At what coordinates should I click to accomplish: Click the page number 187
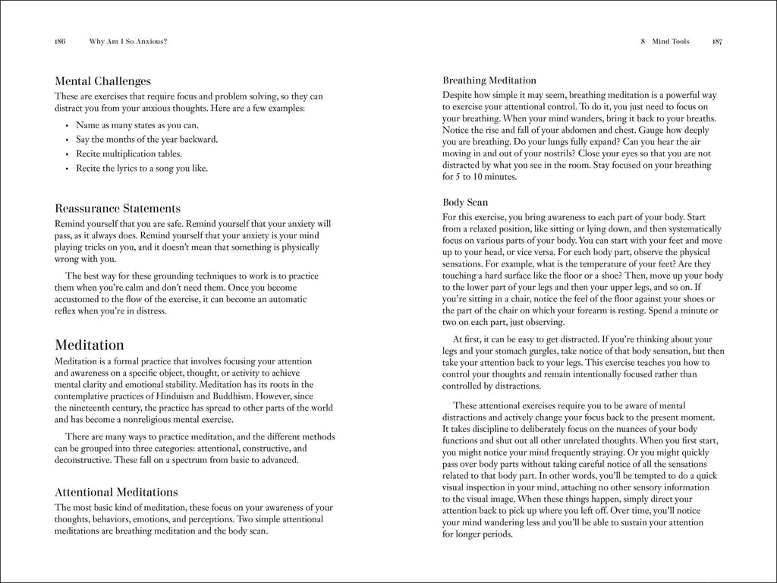point(717,42)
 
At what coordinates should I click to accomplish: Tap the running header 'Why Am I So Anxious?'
point(128,42)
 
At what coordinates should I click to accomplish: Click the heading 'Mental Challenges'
point(102,81)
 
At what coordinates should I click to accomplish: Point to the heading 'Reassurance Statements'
point(118,208)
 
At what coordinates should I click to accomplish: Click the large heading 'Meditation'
point(90,345)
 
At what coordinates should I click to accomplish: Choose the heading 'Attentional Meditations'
point(116,492)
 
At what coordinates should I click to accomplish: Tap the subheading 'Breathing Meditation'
point(489,80)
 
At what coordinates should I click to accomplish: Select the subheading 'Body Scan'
point(464,203)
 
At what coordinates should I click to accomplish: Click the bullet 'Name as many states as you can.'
point(137,124)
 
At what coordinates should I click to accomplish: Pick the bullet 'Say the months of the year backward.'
point(146,139)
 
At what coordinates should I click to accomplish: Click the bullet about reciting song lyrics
point(141,168)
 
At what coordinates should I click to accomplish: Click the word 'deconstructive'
point(82,460)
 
